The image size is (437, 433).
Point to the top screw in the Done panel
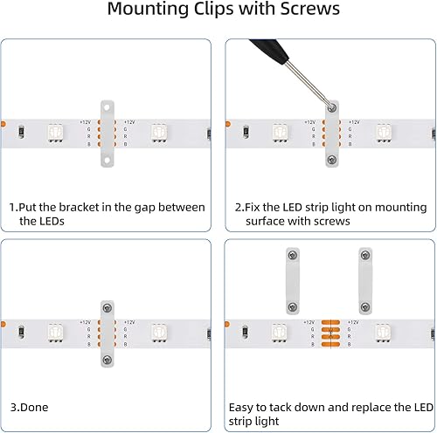(x=107, y=308)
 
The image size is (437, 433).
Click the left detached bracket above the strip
(x=292, y=280)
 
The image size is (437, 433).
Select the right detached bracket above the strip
(x=364, y=280)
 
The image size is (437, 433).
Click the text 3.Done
(x=29, y=407)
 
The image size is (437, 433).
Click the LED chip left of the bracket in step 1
(x=54, y=133)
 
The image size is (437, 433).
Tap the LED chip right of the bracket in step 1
(x=159, y=133)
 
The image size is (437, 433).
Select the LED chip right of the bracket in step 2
(x=383, y=133)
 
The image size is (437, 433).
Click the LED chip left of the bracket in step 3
(x=54, y=333)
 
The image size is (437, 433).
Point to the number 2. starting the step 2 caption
(x=239, y=207)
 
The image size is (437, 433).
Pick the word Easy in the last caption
(x=243, y=407)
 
